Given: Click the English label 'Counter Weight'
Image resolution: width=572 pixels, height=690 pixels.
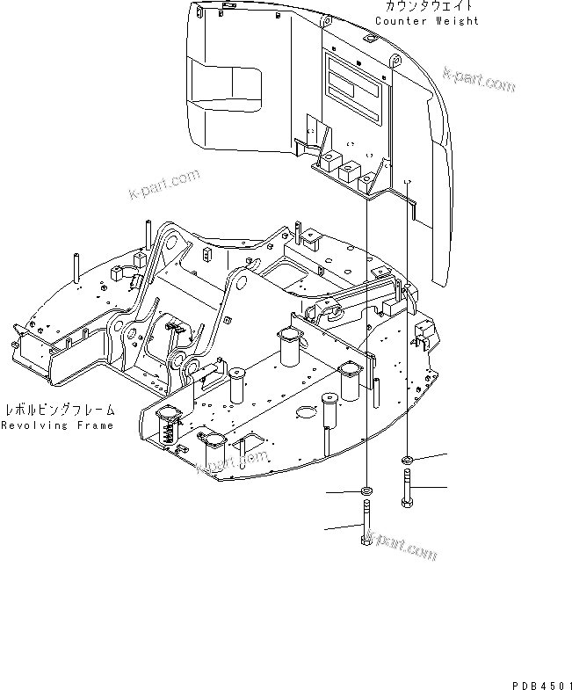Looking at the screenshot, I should click(x=427, y=20).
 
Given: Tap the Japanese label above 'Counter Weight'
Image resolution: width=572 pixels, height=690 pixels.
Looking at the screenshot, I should click(x=427, y=6).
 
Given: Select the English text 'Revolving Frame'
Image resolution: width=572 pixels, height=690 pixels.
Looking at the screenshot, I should click(x=57, y=425).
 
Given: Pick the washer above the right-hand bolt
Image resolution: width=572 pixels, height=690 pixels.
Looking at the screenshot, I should click(x=409, y=460).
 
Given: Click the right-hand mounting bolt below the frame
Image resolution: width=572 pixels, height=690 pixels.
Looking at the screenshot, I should click(x=407, y=487).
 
